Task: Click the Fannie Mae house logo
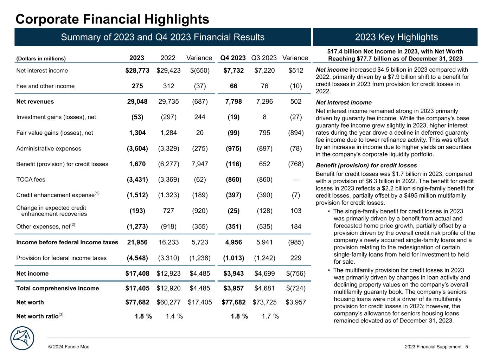(x=23, y=338)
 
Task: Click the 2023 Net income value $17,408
(x=137, y=274)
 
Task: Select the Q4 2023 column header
(x=233, y=58)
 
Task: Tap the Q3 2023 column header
(x=264, y=58)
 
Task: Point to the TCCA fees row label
(x=31, y=180)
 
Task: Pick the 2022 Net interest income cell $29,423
(x=168, y=71)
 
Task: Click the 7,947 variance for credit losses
(x=200, y=164)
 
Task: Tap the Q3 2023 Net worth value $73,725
(x=264, y=302)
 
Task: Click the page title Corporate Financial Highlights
(x=113, y=19)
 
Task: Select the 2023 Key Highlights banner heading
(x=396, y=37)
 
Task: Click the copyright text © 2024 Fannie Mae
(x=69, y=347)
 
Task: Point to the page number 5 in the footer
(x=467, y=347)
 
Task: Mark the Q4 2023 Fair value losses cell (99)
(x=233, y=133)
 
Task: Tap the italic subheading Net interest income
(x=344, y=103)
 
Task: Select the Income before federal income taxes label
(x=67, y=243)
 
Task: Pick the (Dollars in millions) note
(x=41, y=59)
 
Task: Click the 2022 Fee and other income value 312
(x=168, y=86)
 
